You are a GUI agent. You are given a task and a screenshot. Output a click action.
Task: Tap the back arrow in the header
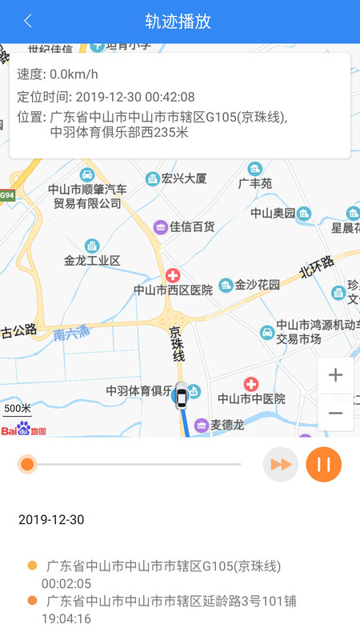pos(29,21)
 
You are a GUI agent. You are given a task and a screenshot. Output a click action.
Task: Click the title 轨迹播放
pos(178,21)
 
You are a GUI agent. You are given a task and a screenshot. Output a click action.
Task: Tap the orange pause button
pos(323,464)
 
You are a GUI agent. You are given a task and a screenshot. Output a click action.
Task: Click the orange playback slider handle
pos(27,464)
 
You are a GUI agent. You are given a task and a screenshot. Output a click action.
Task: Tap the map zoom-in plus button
pos(335,374)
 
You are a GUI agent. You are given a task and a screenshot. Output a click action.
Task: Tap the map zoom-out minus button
pos(335,413)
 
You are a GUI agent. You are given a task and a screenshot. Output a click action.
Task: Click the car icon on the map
pos(182,396)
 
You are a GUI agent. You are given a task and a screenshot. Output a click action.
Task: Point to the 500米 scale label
pos(16,409)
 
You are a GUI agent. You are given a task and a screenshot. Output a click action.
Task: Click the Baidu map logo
pos(23,430)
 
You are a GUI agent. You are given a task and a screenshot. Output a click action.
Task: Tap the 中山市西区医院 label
pos(173,290)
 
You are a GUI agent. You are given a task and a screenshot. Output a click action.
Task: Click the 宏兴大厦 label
pos(184,178)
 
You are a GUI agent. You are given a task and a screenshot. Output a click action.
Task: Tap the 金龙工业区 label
pos(92,261)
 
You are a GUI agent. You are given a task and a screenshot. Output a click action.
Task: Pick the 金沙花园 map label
pos(257,285)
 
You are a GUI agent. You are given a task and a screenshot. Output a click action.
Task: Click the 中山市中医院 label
pos(251,398)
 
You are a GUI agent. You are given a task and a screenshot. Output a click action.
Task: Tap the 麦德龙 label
pos(226,425)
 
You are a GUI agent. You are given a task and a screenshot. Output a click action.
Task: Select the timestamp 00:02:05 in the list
pos(66,583)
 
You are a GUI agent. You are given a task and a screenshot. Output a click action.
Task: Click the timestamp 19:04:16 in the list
pos(66,618)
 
